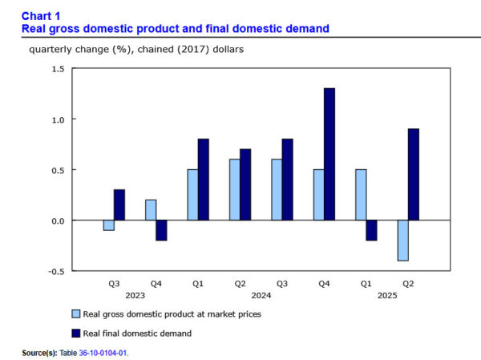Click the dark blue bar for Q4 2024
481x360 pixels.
[329, 154]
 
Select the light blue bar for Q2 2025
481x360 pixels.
[402, 240]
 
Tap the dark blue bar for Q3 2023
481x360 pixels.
[119, 204]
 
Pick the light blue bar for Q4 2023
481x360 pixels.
[151, 210]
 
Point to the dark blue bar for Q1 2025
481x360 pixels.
[371, 230]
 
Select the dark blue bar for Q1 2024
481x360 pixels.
[203, 180]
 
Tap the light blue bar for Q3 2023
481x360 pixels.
[108, 225]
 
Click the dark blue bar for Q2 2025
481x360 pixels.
[413, 175]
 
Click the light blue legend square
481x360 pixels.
[76, 313]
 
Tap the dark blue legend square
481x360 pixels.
[76, 332]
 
